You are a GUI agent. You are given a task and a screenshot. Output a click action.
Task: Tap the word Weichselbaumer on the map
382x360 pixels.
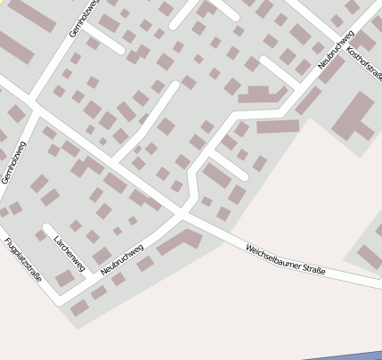click(x=271, y=253)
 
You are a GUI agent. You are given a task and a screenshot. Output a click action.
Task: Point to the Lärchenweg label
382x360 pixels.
click(x=69, y=253)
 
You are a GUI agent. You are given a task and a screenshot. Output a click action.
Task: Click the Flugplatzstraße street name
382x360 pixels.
click(x=22, y=259)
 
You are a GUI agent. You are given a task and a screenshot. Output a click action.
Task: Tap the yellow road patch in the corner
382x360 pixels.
click(x=3, y=3)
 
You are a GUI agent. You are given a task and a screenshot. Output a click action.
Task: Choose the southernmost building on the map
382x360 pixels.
click(x=79, y=308)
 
